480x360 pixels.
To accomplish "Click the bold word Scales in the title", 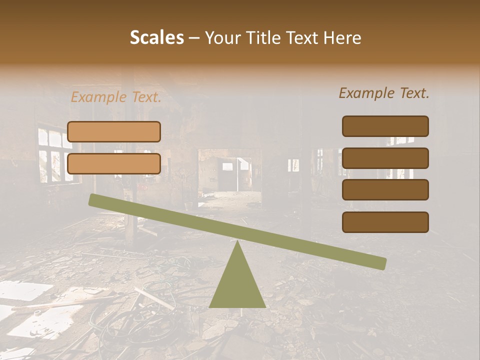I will pyautogui.click(x=156, y=37).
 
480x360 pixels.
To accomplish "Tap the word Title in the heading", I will pyautogui.click(x=262, y=37).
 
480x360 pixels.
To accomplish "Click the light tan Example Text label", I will pyautogui.click(x=116, y=97).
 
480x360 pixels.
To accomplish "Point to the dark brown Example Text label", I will pyautogui.click(x=384, y=93).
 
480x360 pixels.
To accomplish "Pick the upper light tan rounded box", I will pyautogui.click(x=114, y=131).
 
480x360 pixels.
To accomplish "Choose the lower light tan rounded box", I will pyautogui.click(x=114, y=163).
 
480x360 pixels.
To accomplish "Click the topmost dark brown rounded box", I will pyautogui.click(x=385, y=126).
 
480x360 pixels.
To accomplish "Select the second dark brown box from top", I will pyautogui.click(x=385, y=158).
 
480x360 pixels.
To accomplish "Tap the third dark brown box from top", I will pyautogui.click(x=385, y=189).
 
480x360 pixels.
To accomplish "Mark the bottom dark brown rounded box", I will pyautogui.click(x=385, y=222).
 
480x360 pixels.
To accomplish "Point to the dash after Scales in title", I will pyautogui.click(x=194, y=38).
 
